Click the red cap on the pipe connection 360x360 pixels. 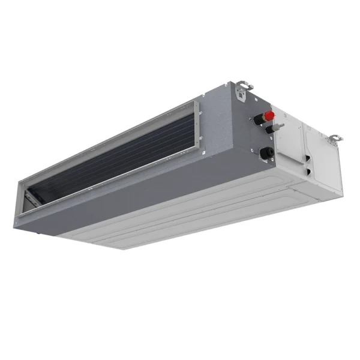(270, 115)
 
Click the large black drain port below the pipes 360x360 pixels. (265, 154)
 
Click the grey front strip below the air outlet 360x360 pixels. (120, 207)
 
